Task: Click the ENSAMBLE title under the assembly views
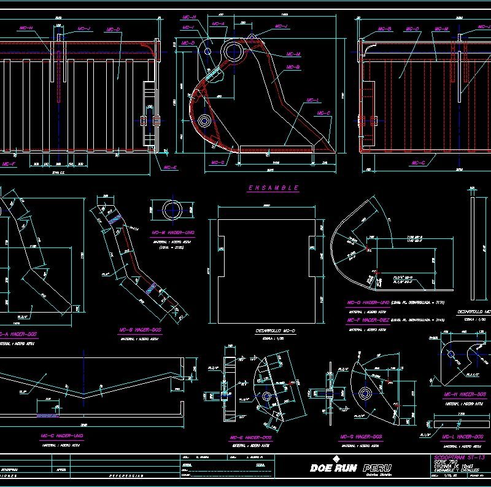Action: [273, 187]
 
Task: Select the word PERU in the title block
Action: [376, 468]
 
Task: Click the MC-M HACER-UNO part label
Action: [172, 233]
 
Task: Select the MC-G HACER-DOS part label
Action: [361, 437]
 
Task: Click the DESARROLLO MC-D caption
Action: [276, 331]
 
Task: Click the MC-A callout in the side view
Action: [218, 23]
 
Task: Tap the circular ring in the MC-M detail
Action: [172, 209]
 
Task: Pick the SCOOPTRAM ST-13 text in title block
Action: [451, 458]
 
